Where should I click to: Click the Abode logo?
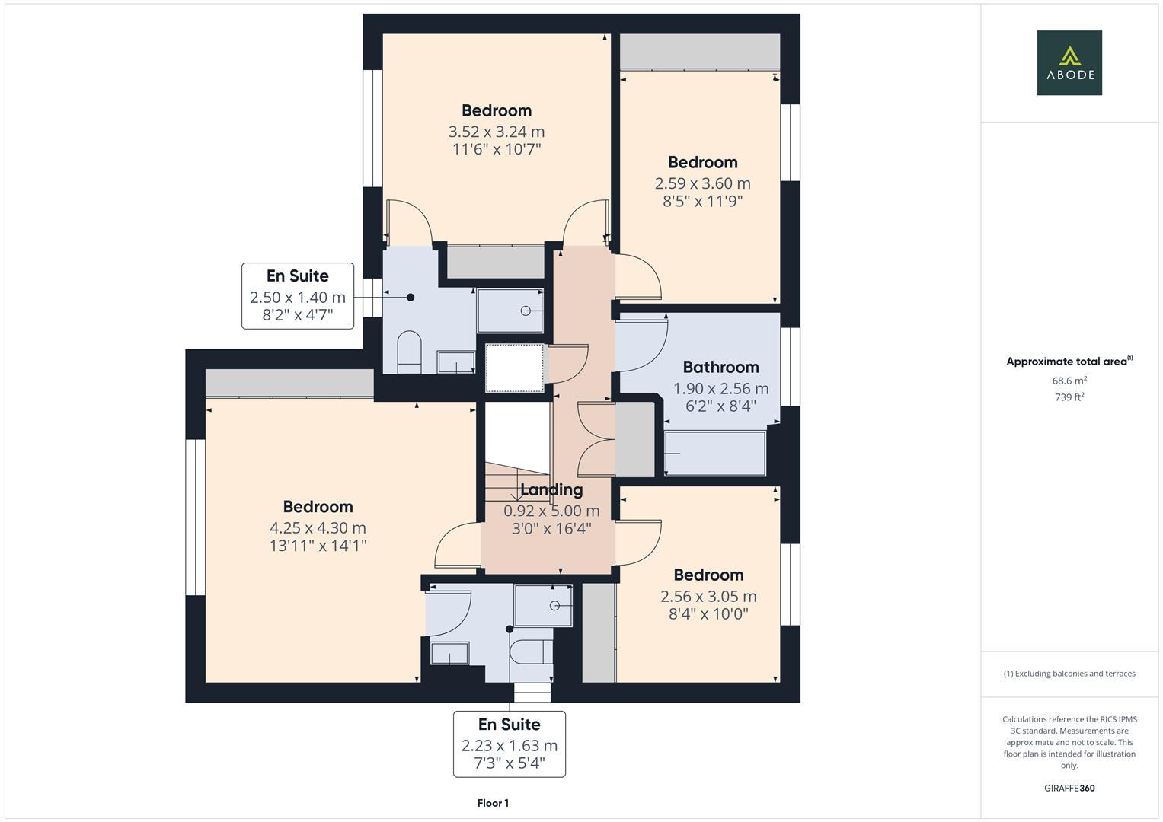tap(1069, 62)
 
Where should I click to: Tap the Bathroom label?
tap(720, 368)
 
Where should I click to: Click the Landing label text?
tap(551, 490)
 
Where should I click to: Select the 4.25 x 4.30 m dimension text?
tap(318, 527)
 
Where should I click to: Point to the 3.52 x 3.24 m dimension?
tap(497, 132)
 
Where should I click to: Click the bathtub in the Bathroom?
tap(714, 454)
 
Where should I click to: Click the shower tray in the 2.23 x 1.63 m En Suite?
tap(543, 605)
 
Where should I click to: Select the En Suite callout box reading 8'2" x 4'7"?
tap(298, 296)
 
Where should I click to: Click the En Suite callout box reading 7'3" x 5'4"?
tap(509, 744)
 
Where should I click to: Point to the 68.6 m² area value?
tap(1069, 381)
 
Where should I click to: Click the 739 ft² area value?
tap(1069, 397)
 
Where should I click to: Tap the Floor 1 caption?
tap(493, 803)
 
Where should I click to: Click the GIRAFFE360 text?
tap(1069, 788)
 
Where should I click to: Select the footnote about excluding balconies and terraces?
tap(1069, 674)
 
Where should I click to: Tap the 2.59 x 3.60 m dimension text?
tap(702, 183)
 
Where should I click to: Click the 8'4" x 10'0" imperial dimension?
tap(708, 613)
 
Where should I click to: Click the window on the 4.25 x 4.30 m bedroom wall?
tap(196, 517)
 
